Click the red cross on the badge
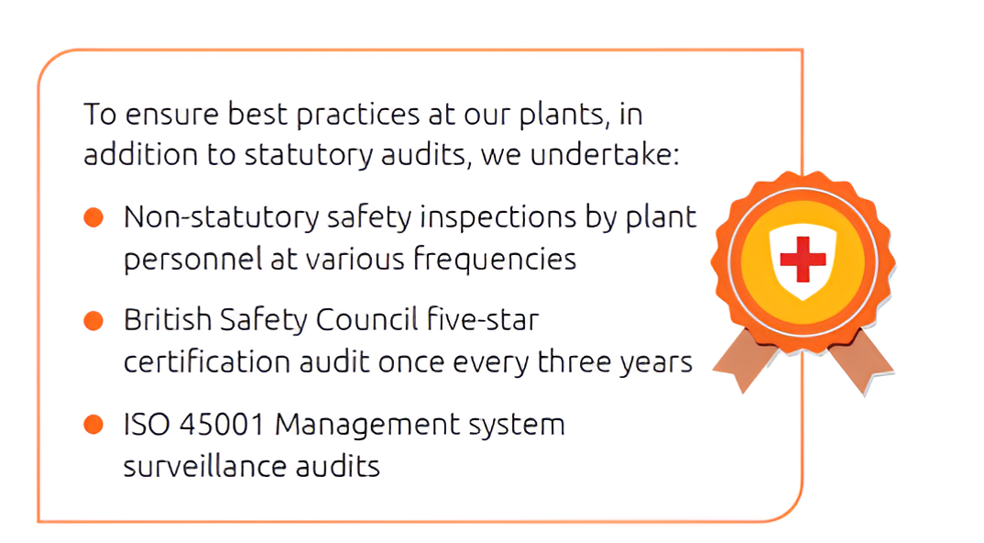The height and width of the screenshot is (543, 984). [803, 259]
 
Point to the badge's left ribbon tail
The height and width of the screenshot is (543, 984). [746, 360]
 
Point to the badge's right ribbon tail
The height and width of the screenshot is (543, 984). [861, 362]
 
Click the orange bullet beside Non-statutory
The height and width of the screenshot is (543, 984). [93, 217]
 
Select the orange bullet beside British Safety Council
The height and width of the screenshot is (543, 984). [93, 320]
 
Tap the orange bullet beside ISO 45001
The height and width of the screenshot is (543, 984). [93, 424]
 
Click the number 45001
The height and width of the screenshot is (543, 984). [222, 424]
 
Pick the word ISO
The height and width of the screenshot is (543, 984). [147, 424]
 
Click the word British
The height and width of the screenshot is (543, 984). [168, 320]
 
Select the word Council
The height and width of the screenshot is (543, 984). [366, 320]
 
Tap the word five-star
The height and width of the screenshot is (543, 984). [483, 319]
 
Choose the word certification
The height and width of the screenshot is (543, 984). [206, 362]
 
